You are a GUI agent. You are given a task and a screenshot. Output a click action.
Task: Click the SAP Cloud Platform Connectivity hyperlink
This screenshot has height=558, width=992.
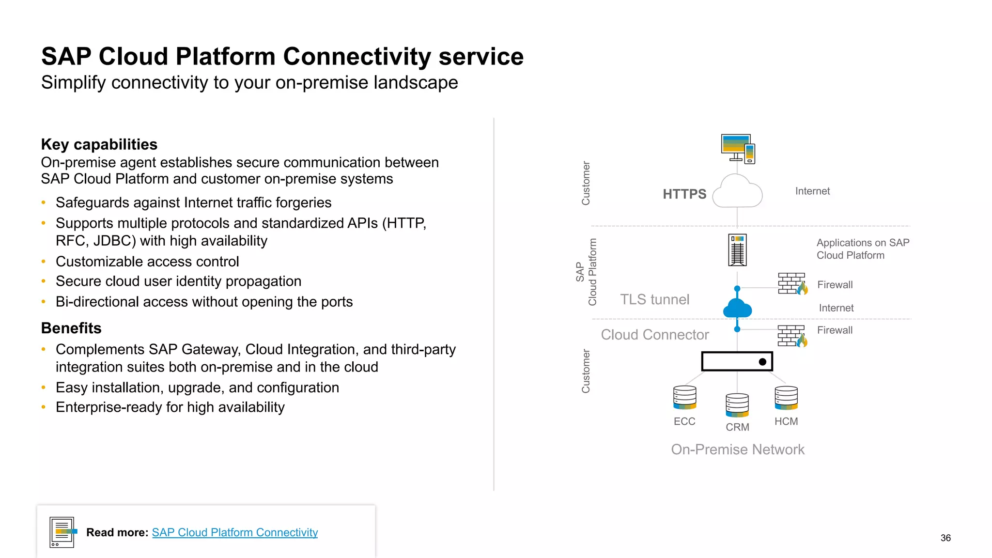pos(234,532)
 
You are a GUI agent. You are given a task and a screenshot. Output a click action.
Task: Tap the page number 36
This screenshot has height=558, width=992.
pos(945,538)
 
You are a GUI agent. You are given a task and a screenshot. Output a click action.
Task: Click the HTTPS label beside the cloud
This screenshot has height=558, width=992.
pos(684,194)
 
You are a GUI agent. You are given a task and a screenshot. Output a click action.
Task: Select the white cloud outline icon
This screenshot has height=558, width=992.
pos(738,192)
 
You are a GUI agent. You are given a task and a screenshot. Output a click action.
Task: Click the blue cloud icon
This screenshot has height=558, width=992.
pos(737,309)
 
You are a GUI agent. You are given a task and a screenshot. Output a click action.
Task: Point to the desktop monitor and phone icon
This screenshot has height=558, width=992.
pos(738,149)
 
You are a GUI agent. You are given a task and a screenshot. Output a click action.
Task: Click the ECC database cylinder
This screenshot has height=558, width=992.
pos(684,398)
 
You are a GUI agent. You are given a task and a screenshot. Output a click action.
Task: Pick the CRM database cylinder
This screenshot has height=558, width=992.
pos(737,405)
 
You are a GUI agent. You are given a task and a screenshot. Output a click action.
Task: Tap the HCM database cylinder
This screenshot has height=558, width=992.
pos(786,398)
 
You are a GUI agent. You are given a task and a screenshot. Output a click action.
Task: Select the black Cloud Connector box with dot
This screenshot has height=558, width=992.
pos(737,361)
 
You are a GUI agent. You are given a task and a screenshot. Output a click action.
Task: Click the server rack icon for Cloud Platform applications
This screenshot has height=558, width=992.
pos(737,250)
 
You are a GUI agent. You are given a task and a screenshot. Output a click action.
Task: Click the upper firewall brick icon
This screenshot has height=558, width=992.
pos(792,284)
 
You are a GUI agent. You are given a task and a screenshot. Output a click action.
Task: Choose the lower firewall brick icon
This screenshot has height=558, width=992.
pos(792,336)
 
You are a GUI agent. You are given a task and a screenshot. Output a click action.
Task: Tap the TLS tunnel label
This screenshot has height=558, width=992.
pos(654,300)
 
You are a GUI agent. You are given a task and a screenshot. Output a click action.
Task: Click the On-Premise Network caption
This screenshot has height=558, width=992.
pos(737,449)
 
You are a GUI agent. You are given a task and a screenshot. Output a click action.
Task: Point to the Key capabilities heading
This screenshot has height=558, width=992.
pos(99,144)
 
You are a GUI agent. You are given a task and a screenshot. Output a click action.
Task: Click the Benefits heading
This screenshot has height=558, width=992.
pos(71,328)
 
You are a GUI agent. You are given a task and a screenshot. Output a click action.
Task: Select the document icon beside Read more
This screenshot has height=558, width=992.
pos(62,532)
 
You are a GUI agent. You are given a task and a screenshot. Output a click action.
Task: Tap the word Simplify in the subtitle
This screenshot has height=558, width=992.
pos(73,83)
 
